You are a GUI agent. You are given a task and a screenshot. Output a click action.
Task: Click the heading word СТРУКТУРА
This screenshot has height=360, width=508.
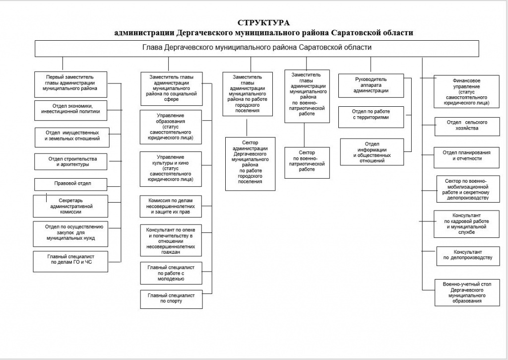(x=263, y=23)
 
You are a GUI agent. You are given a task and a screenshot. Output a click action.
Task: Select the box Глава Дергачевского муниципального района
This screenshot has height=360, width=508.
(x=256, y=48)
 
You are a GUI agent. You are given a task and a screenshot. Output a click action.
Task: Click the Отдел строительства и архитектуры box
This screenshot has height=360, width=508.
(x=72, y=161)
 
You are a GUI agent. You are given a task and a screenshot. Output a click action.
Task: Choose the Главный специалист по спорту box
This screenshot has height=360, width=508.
(x=171, y=298)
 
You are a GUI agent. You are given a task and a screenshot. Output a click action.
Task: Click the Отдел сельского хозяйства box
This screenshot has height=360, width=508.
(x=466, y=126)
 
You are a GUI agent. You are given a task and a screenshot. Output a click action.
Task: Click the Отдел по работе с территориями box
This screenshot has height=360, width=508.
(x=370, y=115)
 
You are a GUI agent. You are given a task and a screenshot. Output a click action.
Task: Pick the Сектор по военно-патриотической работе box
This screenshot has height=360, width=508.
(x=307, y=162)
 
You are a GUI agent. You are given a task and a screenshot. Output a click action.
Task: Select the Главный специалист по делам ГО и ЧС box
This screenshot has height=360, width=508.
(x=71, y=262)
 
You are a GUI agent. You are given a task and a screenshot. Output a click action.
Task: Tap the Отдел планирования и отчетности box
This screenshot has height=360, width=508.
(x=467, y=155)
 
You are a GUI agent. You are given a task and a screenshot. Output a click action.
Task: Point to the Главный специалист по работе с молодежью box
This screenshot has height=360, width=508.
(x=171, y=273)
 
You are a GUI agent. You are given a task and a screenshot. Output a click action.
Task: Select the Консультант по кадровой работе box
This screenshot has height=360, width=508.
(x=467, y=223)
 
